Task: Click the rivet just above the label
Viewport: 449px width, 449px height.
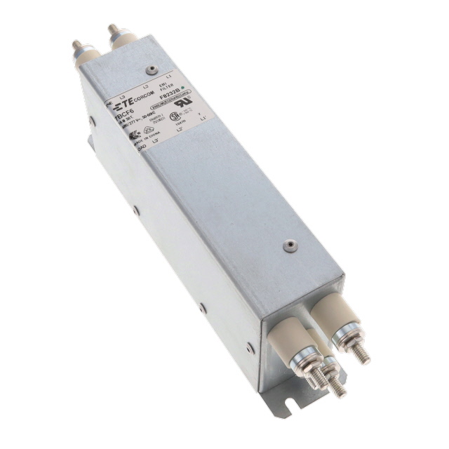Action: pos(151,69)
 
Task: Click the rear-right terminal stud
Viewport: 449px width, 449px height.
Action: pos(113,31)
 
